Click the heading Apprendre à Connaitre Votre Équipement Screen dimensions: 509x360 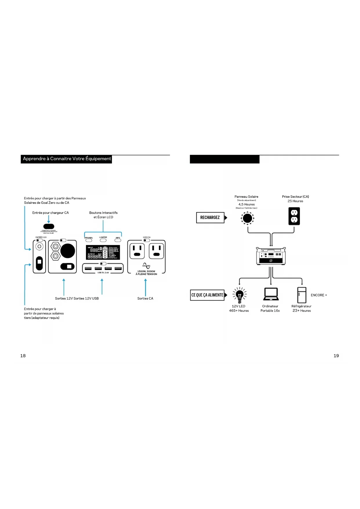[x=67, y=159]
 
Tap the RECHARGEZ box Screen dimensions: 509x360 [x=210, y=218]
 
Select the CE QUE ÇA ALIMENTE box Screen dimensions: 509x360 [x=207, y=295]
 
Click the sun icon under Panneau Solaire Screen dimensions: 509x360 [x=247, y=218]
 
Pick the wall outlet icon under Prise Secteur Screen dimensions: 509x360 [x=294, y=216]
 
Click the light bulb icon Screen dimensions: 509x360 [x=240, y=295]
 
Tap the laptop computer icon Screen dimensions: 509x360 [x=271, y=294]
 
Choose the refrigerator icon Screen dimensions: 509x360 [x=302, y=295]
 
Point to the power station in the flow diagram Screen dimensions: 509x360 [x=271, y=256]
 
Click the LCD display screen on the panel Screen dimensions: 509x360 [x=103, y=252]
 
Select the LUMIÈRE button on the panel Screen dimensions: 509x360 [x=103, y=240]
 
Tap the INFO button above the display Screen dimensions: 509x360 [x=118, y=240]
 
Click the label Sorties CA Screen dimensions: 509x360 [x=145, y=298]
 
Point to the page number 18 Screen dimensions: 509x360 [x=23, y=356]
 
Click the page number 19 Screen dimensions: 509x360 [x=336, y=356]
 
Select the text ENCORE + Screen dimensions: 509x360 [x=319, y=295]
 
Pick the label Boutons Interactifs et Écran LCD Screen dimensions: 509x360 [x=103, y=215]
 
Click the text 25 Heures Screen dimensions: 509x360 [x=295, y=201]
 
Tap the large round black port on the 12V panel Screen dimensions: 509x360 [x=68, y=251]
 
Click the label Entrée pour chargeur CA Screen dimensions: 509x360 [x=50, y=213]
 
